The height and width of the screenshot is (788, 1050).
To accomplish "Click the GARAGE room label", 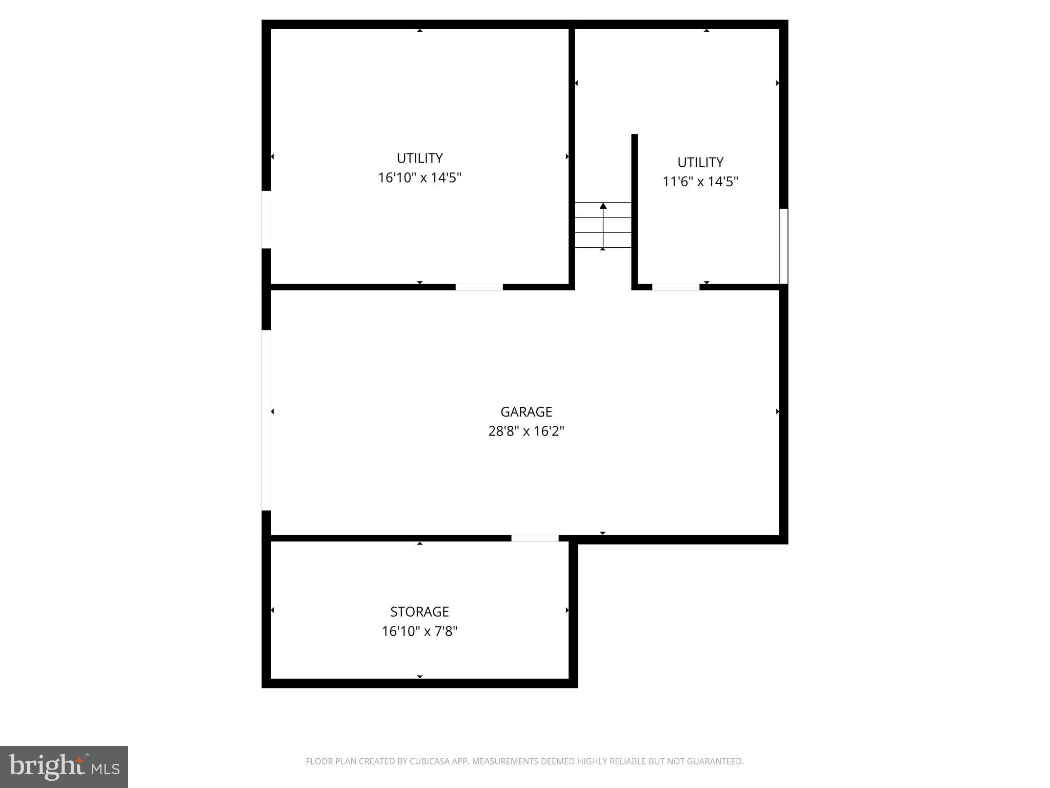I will (526, 412).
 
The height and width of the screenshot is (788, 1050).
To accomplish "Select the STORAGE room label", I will (419, 612).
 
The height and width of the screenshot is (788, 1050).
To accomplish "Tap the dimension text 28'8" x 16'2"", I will (526, 431).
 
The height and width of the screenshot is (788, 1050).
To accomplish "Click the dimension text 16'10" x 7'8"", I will (419, 631).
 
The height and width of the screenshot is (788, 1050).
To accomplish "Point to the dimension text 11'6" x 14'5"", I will (700, 182).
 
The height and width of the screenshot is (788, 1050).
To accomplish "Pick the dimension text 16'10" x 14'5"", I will (419, 178).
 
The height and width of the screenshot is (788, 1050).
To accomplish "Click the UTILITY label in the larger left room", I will (419, 158).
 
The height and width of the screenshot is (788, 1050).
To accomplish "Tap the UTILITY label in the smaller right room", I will (700, 162).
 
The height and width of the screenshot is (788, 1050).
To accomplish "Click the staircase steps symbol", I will (603, 225).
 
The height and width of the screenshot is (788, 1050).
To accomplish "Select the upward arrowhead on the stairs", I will (603, 206).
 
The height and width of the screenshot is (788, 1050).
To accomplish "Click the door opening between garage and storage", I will (535, 538).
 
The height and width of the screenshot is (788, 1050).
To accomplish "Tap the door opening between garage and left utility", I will (479, 287).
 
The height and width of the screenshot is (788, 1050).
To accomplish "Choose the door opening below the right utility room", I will (675, 287).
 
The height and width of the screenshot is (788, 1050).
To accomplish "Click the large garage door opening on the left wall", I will (266, 420).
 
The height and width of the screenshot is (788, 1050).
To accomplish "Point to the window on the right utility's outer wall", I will (783, 246).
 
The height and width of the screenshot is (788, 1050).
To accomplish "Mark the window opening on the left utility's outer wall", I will (266, 220).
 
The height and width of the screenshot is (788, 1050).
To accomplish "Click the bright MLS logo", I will (64, 767).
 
